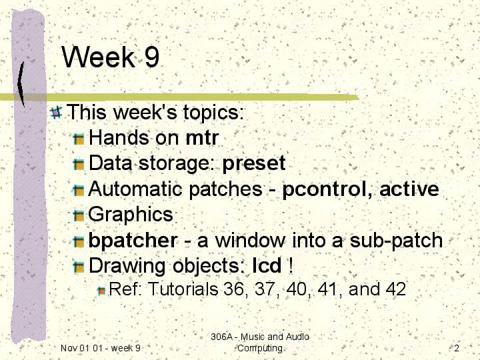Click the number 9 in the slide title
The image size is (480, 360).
152,57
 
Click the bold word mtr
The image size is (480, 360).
202,138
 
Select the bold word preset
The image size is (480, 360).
254,164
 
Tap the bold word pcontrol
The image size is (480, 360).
325,189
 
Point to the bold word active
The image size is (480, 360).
409,189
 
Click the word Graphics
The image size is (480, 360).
131,215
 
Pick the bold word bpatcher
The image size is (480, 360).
133,241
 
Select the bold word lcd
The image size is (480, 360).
267,265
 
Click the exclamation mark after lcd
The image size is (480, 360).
291,265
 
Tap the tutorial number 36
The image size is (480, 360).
233,289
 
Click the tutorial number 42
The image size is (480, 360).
395,289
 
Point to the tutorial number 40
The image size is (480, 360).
297,289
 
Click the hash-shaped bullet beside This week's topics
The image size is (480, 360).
56,112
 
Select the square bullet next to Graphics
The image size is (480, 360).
79,215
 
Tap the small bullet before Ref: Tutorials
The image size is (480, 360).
101,291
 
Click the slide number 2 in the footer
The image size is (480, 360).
457,348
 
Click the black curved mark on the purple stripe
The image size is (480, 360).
21,84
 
